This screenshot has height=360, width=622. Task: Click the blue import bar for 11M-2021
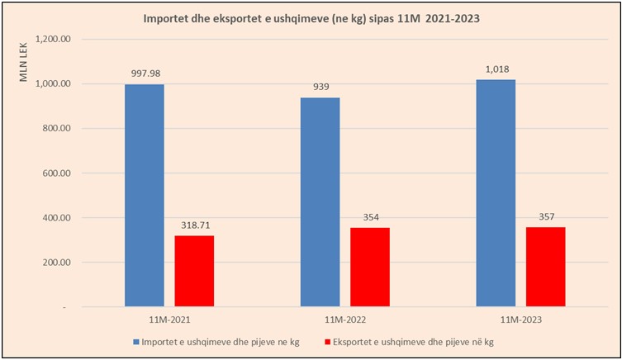145,195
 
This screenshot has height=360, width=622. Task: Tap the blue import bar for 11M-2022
320,201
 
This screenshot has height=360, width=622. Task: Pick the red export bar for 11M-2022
369,267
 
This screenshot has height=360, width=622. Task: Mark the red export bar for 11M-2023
545,267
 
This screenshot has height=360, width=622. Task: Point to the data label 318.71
194,225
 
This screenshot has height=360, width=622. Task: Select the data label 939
320,87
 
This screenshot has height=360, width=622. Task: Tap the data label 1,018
496,69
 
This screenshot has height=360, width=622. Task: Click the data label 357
545,217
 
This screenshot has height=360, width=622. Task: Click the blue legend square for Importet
134,341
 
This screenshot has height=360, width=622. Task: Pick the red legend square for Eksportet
328,341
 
